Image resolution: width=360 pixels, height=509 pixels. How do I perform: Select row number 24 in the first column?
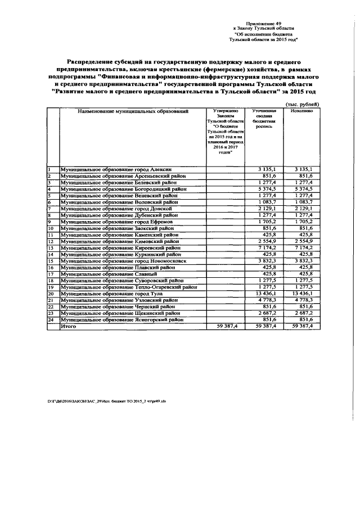51,319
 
